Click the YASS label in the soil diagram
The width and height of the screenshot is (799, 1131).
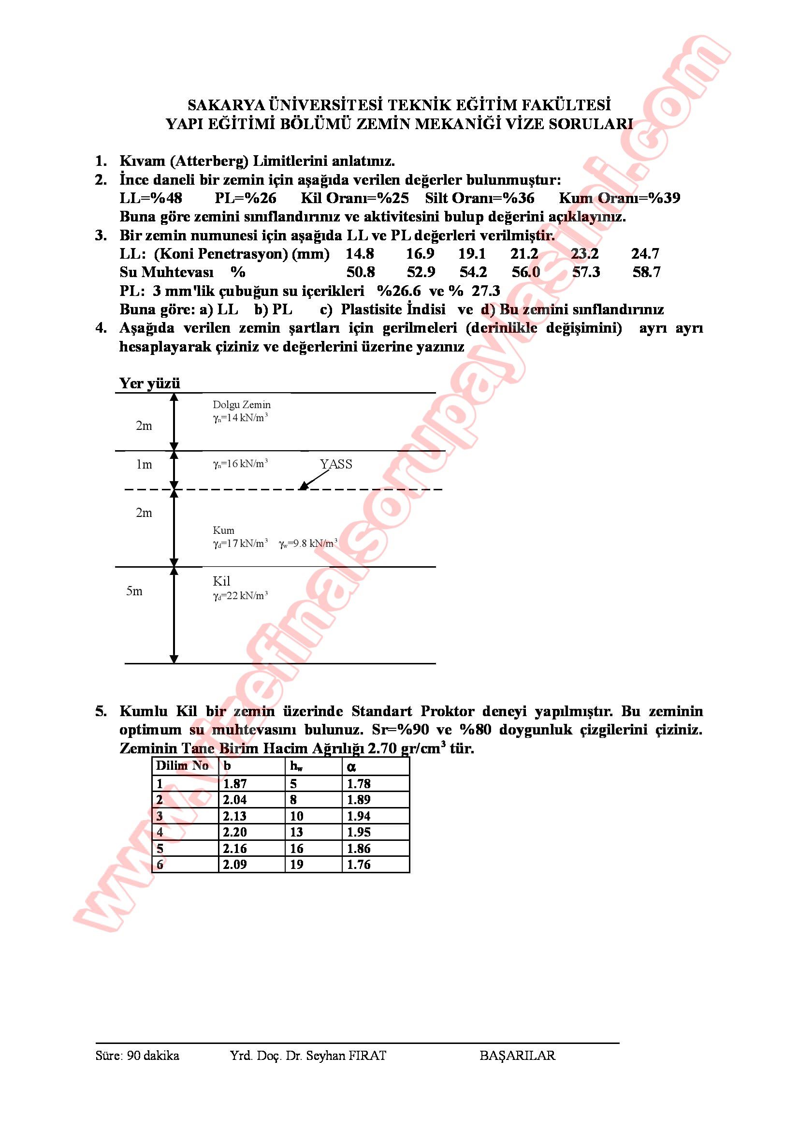(x=336, y=464)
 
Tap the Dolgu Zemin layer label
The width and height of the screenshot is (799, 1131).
(x=241, y=404)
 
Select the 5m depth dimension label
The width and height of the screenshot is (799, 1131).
(x=134, y=591)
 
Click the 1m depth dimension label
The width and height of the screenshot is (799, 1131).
(x=144, y=464)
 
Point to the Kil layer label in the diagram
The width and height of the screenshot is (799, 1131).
(x=221, y=581)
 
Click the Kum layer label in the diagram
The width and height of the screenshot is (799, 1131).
(x=223, y=530)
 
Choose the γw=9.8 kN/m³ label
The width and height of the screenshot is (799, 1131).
(x=308, y=544)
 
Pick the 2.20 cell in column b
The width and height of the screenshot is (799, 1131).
(x=235, y=832)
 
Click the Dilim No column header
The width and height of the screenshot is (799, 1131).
(x=182, y=765)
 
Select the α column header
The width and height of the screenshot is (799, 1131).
(x=351, y=766)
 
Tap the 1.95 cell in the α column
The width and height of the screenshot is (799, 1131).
(x=358, y=832)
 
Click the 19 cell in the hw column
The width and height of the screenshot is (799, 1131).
(x=297, y=864)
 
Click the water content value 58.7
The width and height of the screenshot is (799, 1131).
(x=646, y=272)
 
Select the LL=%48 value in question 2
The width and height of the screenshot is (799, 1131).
(x=151, y=198)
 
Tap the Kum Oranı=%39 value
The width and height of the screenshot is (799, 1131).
(x=619, y=198)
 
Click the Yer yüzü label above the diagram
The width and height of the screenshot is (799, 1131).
(x=150, y=383)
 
